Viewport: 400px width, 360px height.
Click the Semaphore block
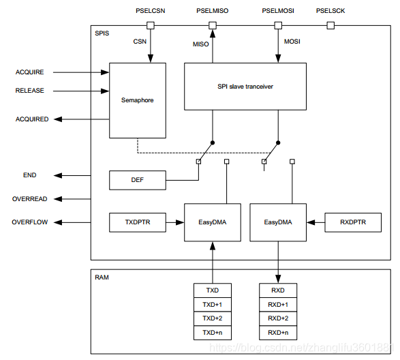pos(137,100)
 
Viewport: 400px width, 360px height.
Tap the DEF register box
pos(137,181)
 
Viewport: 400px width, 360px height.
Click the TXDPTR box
pos(137,222)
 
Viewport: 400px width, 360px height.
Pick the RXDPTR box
pos(352,222)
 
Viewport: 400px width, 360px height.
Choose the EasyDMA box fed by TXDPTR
pos(212,222)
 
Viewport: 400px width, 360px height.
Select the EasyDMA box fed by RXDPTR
pos(278,222)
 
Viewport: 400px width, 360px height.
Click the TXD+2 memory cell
pos(212,318)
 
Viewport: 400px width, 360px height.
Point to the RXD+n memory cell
pos(278,333)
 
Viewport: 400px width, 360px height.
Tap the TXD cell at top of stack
pos(212,290)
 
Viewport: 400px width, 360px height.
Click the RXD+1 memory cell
pos(278,304)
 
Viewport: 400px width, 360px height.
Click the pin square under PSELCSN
pos(151,26)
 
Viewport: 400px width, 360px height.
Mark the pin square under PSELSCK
pos(331,26)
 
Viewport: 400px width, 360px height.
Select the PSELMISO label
pos(212,11)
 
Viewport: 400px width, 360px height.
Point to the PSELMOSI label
pos(277,11)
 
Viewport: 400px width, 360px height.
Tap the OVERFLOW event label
pos(30,222)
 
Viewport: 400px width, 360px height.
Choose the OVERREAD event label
pos(30,199)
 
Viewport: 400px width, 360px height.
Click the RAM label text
pos(102,277)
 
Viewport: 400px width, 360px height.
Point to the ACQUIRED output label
pos(32,119)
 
